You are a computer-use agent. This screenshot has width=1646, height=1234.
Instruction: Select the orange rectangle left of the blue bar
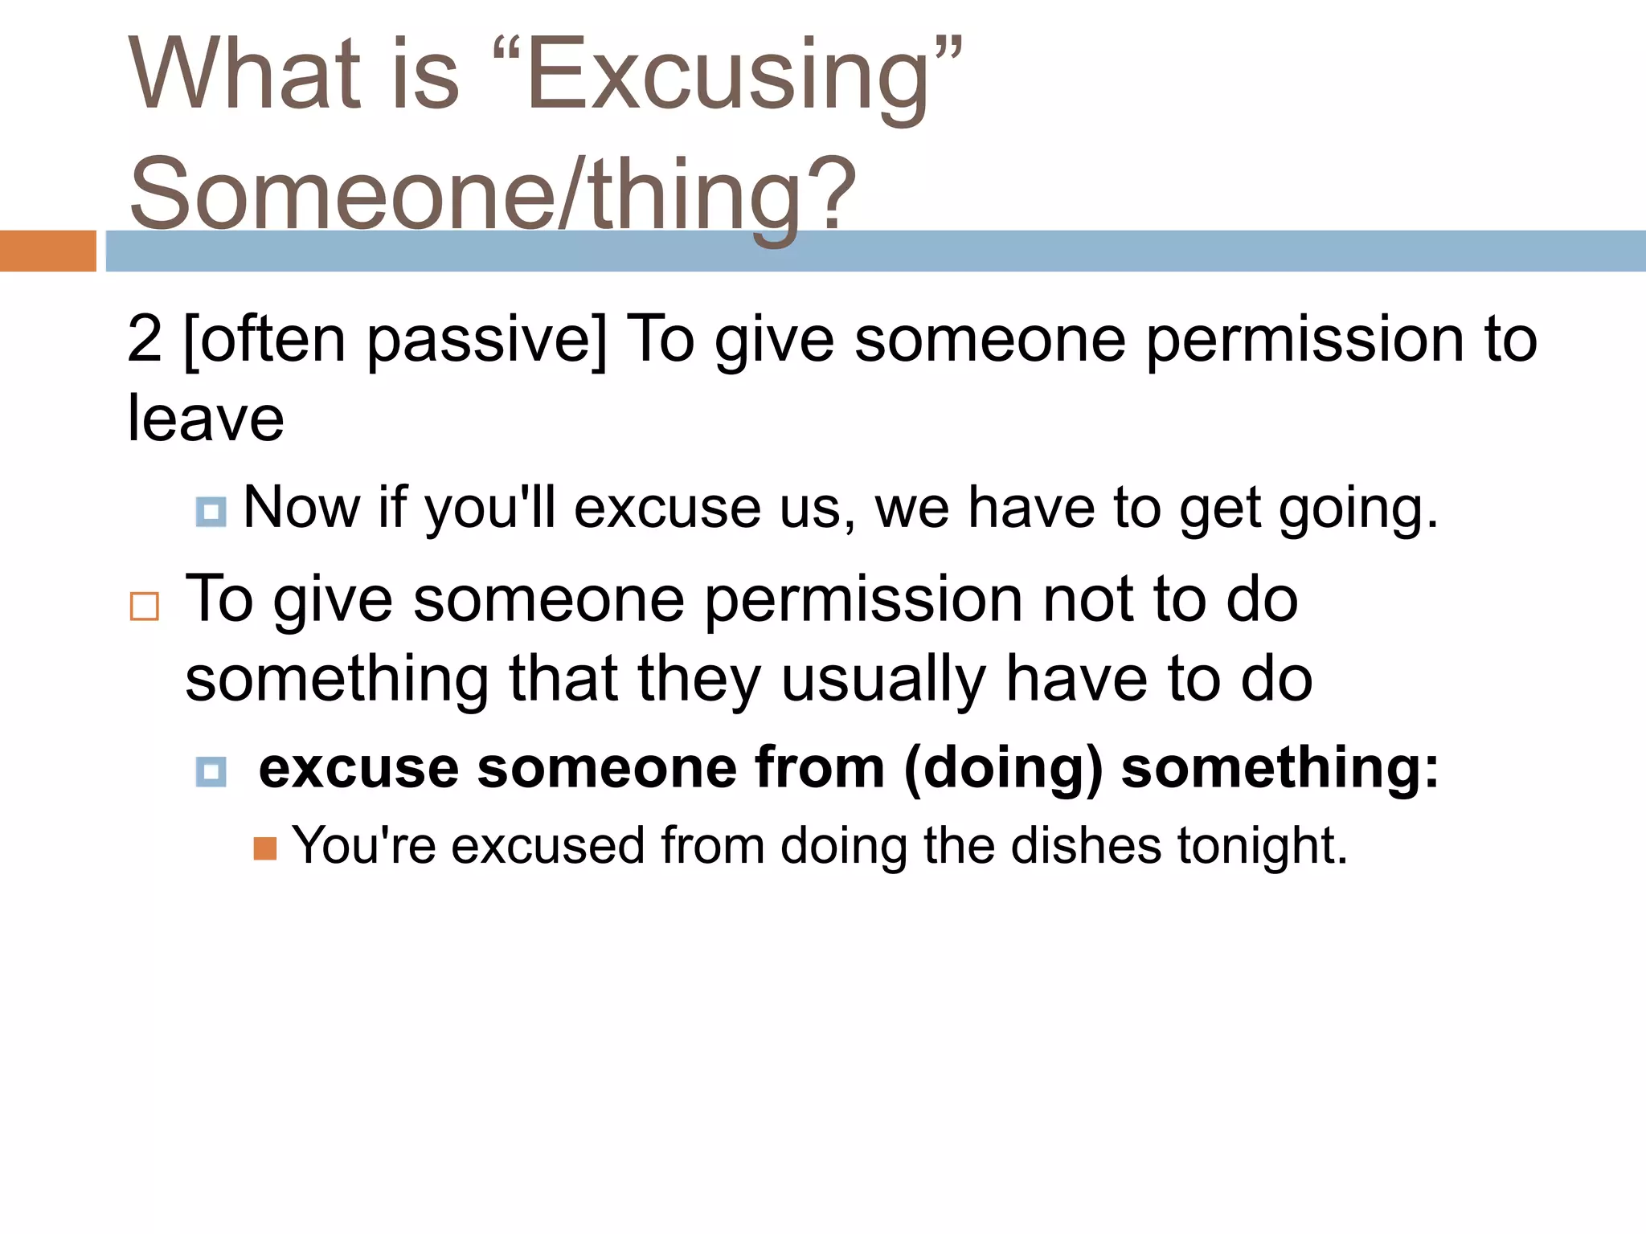47,251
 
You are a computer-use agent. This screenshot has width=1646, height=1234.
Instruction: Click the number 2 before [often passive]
145,339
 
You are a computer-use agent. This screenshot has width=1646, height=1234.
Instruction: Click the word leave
206,419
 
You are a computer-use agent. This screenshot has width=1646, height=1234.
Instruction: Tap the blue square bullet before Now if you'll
211,512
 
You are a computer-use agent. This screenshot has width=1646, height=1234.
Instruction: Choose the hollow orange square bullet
145,607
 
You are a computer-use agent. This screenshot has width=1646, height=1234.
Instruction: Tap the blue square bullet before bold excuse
211,772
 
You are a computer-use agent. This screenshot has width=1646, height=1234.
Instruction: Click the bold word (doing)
1003,769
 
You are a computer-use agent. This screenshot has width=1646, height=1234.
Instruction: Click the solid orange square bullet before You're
265,848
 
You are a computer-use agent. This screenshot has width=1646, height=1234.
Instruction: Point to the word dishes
1086,846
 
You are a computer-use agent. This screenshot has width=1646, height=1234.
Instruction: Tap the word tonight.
1262,846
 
